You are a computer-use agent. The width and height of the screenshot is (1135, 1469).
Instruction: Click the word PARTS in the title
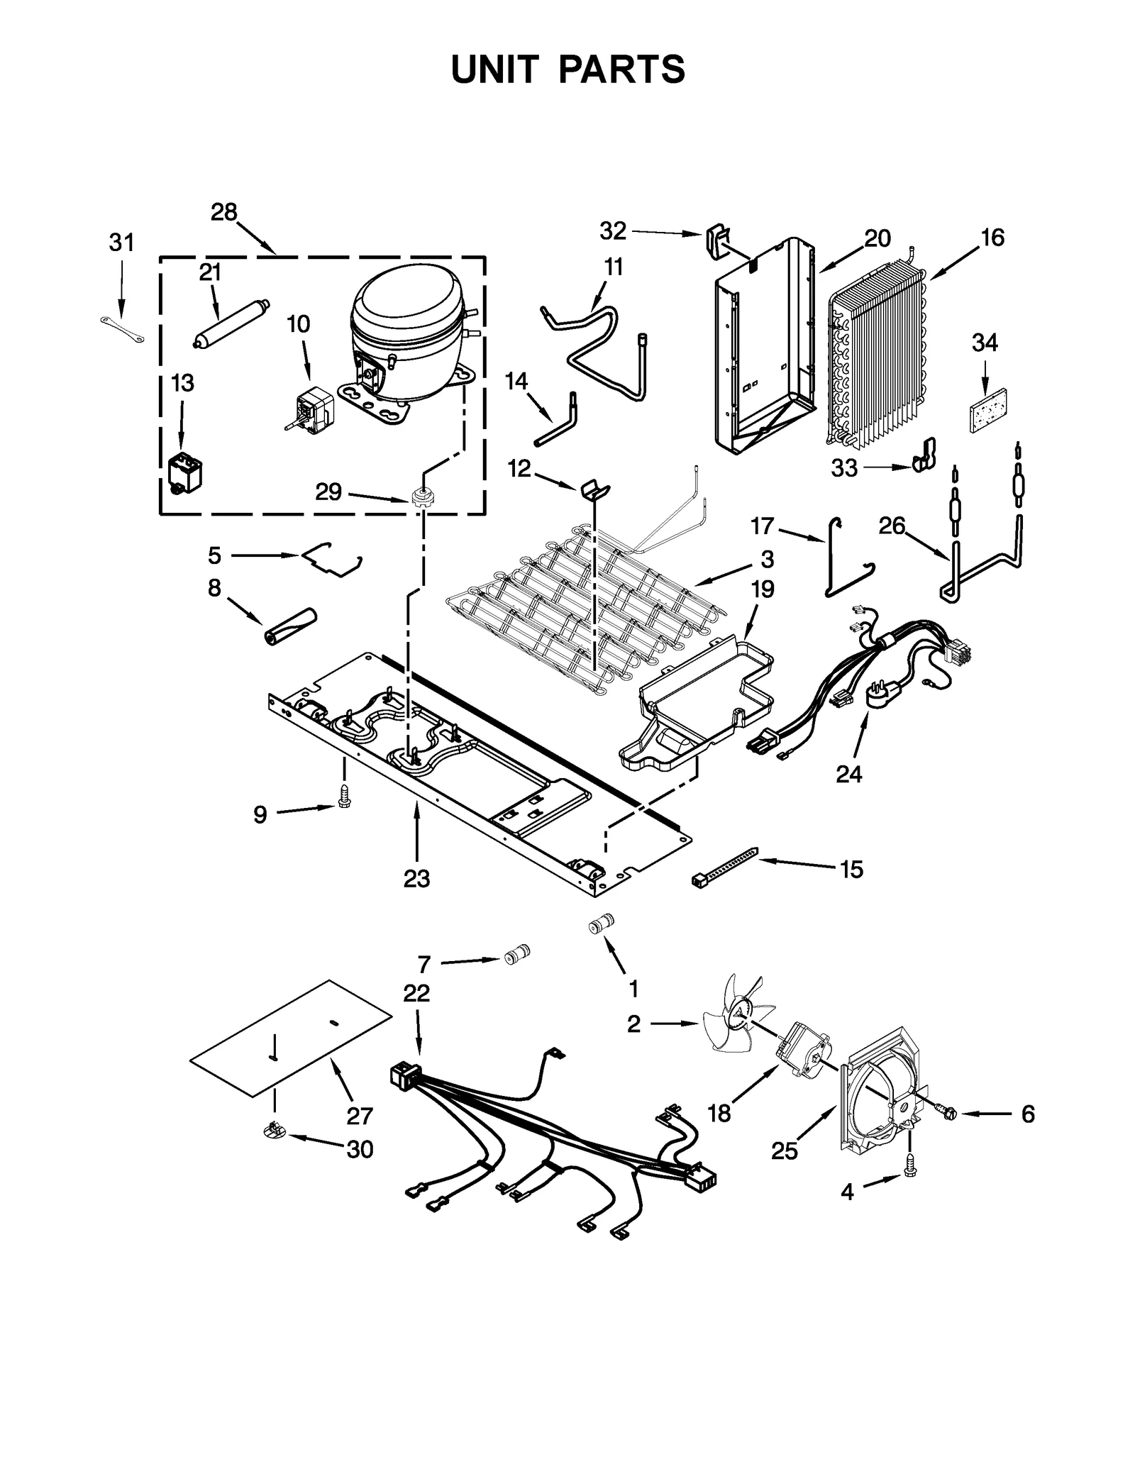point(621,70)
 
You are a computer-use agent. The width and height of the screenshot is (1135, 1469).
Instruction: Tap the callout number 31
point(121,243)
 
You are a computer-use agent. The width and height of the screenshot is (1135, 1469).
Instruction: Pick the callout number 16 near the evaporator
point(992,238)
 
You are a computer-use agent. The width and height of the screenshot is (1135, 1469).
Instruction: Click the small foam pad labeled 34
point(988,409)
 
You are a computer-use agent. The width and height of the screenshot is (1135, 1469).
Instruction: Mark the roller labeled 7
point(517,955)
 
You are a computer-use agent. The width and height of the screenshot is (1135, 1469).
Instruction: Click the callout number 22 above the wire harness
point(416,993)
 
